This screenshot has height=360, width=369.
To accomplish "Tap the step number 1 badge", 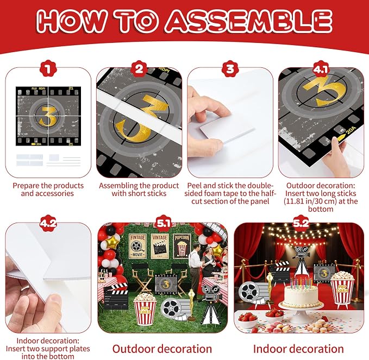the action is click(x=48, y=69).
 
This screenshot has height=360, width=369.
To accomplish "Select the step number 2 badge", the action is click(x=139, y=69).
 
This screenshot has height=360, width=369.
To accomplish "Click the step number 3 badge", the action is click(x=230, y=69).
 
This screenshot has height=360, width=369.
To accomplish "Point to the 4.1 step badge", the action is click(x=321, y=69).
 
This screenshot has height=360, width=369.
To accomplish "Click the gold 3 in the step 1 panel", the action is click(x=48, y=116).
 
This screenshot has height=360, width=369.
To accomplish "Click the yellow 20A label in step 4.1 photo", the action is click(x=347, y=134).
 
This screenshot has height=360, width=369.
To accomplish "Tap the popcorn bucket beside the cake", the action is click(x=342, y=290).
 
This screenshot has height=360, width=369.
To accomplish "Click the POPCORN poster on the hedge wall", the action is click(x=182, y=246).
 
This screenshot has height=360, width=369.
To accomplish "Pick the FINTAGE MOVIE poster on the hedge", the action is click(x=137, y=246).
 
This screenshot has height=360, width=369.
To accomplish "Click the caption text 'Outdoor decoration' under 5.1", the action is click(x=162, y=349).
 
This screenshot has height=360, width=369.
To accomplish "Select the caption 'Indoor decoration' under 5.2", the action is click(x=298, y=349).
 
